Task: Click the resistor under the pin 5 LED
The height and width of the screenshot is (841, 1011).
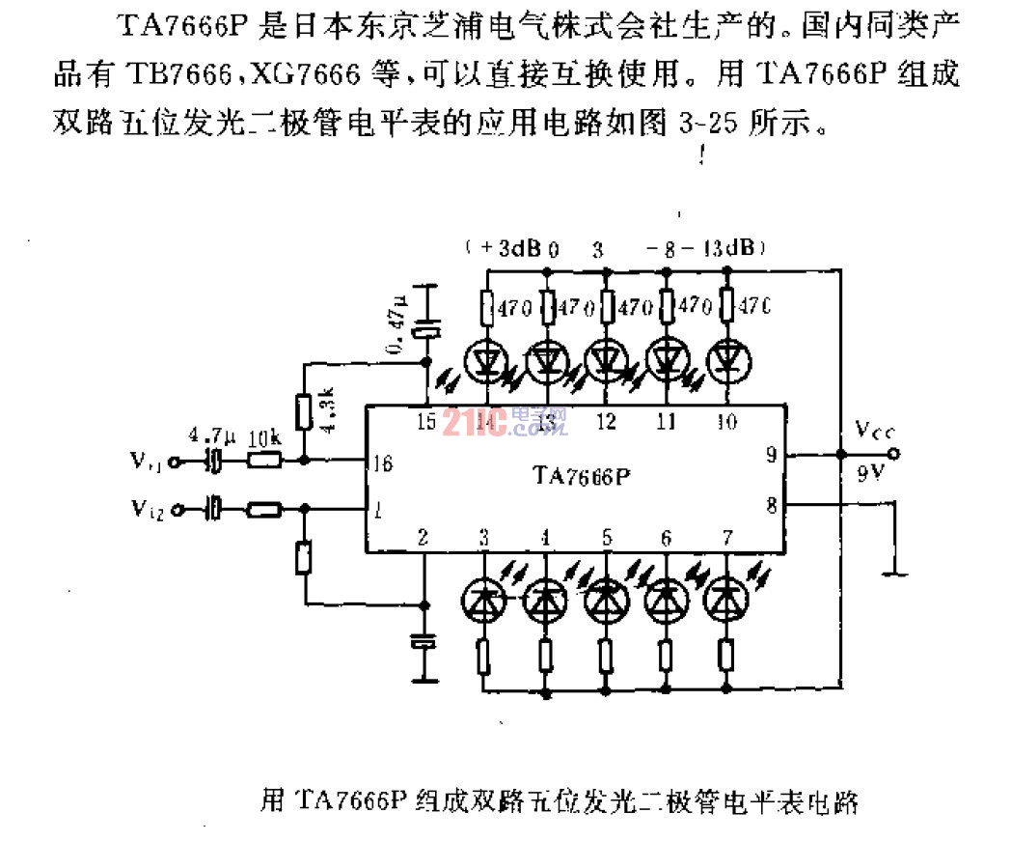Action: click(606, 658)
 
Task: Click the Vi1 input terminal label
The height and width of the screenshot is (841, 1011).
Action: click(147, 462)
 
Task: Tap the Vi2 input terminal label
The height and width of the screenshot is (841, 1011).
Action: click(147, 506)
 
